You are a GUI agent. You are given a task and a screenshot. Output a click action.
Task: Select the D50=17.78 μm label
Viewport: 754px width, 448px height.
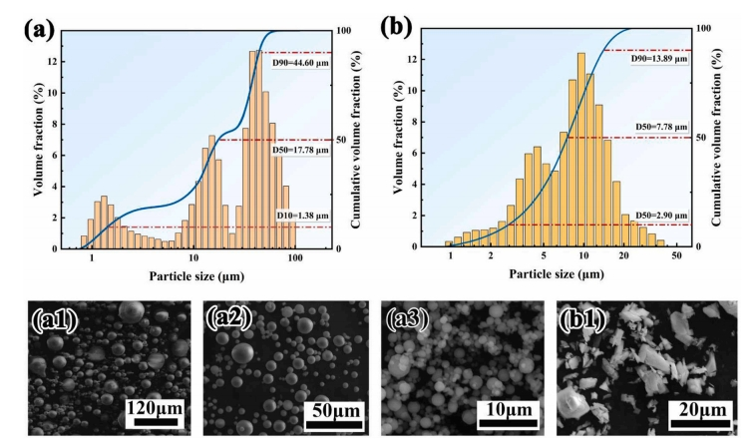[x=301, y=150]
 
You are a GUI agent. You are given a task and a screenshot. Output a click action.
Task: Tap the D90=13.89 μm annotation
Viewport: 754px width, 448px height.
[x=659, y=61]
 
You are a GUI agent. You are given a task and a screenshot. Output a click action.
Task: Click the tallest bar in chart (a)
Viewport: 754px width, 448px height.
[x=256, y=150]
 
